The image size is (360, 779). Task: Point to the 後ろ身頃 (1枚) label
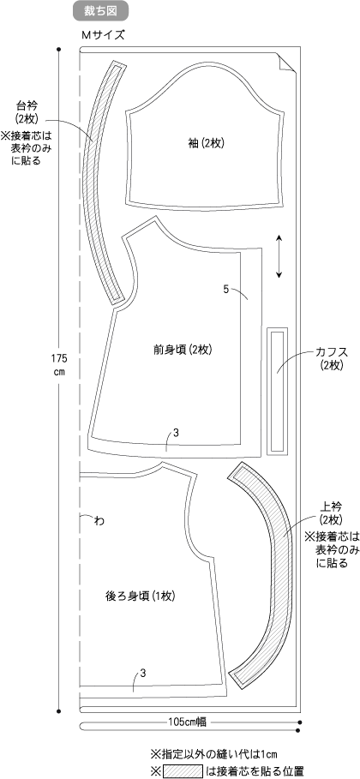(x=141, y=582)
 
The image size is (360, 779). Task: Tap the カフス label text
(x=330, y=352)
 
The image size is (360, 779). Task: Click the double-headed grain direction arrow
(x=279, y=256)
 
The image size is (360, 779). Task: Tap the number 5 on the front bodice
(x=225, y=289)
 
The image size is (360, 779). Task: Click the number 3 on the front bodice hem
(x=176, y=433)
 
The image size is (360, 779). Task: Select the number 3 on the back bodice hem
(x=142, y=674)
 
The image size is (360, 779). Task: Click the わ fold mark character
(x=99, y=521)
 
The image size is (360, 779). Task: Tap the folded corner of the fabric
(x=287, y=63)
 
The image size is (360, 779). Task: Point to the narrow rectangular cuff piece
(x=278, y=391)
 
